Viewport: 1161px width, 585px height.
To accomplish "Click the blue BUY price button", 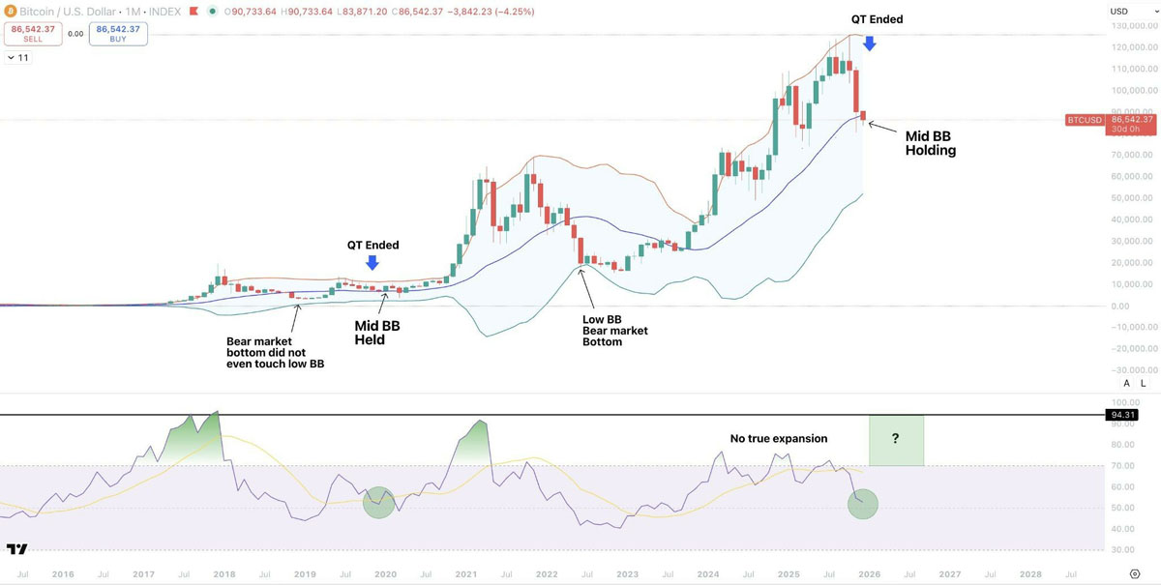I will tap(117, 34).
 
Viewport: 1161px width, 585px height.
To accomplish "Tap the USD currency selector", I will tap(1118, 12).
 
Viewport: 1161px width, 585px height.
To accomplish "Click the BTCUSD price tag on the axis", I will tap(1084, 120).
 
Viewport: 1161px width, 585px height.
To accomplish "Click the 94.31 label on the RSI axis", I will tap(1121, 415).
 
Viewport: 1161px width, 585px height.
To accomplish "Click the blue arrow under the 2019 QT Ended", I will tap(372, 262).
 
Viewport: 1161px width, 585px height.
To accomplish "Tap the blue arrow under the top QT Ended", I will tap(870, 43).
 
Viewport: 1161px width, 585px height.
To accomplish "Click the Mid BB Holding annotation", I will tap(930, 143).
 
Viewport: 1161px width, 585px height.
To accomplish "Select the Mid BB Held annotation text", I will tap(376, 333).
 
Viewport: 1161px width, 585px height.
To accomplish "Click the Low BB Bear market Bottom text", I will tap(614, 331).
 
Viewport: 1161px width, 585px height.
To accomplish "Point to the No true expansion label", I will tap(778, 439).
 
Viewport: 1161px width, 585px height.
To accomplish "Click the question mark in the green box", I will tap(896, 439).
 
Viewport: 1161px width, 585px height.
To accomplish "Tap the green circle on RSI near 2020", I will tap(379, 501).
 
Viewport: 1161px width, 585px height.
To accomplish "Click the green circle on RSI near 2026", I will tap(862, 504).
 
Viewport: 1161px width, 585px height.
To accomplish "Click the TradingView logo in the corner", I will tap(16, 549).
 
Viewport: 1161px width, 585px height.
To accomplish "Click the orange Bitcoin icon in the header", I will tap(10, 11).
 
